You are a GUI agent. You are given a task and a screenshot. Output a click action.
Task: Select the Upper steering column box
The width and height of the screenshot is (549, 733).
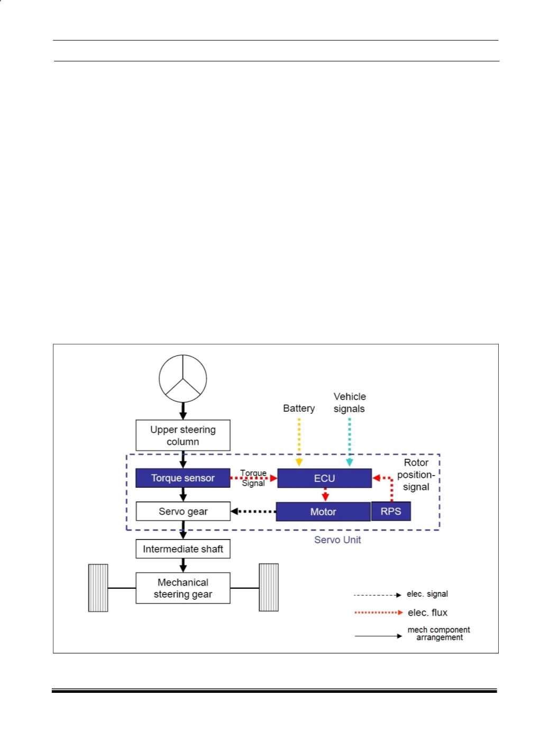tap(183, 435)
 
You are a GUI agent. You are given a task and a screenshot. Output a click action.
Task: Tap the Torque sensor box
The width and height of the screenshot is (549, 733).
tap(183, 478)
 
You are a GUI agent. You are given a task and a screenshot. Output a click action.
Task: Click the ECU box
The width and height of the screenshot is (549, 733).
tap(324, 478)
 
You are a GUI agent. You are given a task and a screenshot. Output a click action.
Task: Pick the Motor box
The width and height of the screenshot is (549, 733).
tap(323, 512)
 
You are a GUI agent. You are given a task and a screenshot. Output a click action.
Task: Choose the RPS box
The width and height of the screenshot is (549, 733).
tap(391, 511)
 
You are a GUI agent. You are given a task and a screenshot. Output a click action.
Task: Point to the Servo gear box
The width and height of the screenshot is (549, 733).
tap(183, 511)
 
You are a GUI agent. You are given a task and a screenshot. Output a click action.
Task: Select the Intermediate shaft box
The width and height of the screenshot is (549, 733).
tap(183, 549)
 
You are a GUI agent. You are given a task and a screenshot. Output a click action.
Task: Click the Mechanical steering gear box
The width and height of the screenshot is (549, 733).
tap(183, 588)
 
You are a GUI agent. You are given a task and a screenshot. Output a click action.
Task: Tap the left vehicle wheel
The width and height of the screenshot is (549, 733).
tap(98, 588)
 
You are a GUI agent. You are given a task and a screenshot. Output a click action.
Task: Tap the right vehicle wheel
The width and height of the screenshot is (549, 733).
tap(269, 588)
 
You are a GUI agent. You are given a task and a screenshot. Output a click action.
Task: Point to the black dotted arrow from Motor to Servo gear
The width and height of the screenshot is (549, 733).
tap(253, 512)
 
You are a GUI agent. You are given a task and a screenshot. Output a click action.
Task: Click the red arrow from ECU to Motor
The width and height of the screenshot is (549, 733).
tap(325, 495)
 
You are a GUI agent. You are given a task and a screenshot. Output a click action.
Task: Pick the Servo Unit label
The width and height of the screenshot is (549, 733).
tap(337, 540)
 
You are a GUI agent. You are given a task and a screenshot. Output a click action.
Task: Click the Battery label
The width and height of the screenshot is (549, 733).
tap(299, 409)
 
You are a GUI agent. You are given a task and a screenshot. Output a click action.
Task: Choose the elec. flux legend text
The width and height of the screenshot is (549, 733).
tap(427, 613)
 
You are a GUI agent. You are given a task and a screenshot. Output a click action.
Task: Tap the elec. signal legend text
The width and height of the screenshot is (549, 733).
tap(427, 594)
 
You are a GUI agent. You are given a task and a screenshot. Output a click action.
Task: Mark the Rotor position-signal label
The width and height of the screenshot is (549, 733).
tap(416, 475)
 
